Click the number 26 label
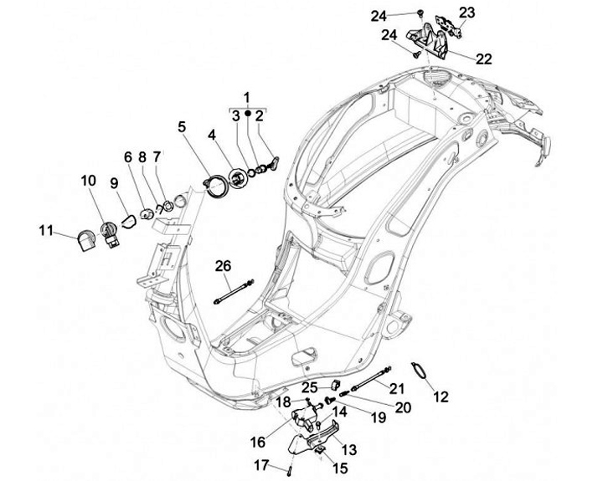[x=222, y=267]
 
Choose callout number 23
[x=466, y=12]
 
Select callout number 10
[x=89, y=181]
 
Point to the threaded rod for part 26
[x=234, y=294]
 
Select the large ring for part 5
[x=217, y=182]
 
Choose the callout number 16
[x=258, y=442]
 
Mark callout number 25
[x=309, y=387]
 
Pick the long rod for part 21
[x=369, y=386]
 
